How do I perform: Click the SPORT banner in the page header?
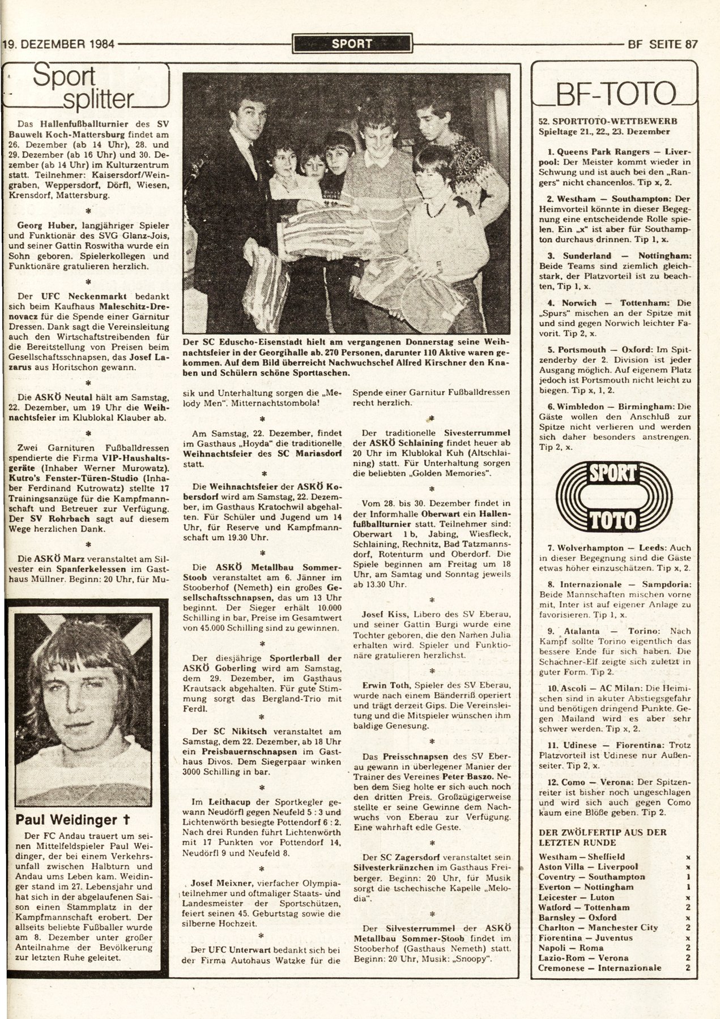352,43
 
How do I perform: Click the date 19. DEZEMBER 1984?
58,44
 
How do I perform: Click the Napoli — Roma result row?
569,947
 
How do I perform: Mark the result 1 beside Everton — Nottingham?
687,887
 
